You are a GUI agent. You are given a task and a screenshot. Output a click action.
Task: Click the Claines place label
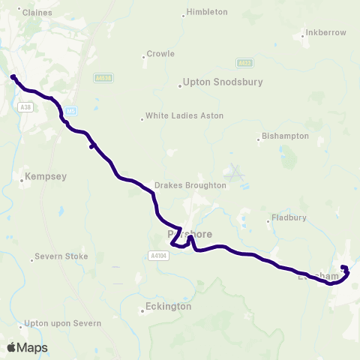coord(36,13)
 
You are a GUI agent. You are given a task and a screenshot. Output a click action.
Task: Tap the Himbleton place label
coord(208,13)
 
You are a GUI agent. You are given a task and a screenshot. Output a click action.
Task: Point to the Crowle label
coord(160,54)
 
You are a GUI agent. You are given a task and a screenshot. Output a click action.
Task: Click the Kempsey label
coord(46,177)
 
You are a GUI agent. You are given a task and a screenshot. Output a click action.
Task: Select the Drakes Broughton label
coord(190,184)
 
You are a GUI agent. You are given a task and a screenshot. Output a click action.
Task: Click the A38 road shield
coord(27,107)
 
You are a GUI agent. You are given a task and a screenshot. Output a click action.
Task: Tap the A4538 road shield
coord(103,77)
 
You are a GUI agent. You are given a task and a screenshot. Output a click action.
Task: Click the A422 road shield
coord(244,64)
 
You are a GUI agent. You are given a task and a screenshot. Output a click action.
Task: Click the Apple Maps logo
coord(27,348)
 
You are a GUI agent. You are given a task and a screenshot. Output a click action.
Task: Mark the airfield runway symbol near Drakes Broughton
coord(236,175)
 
